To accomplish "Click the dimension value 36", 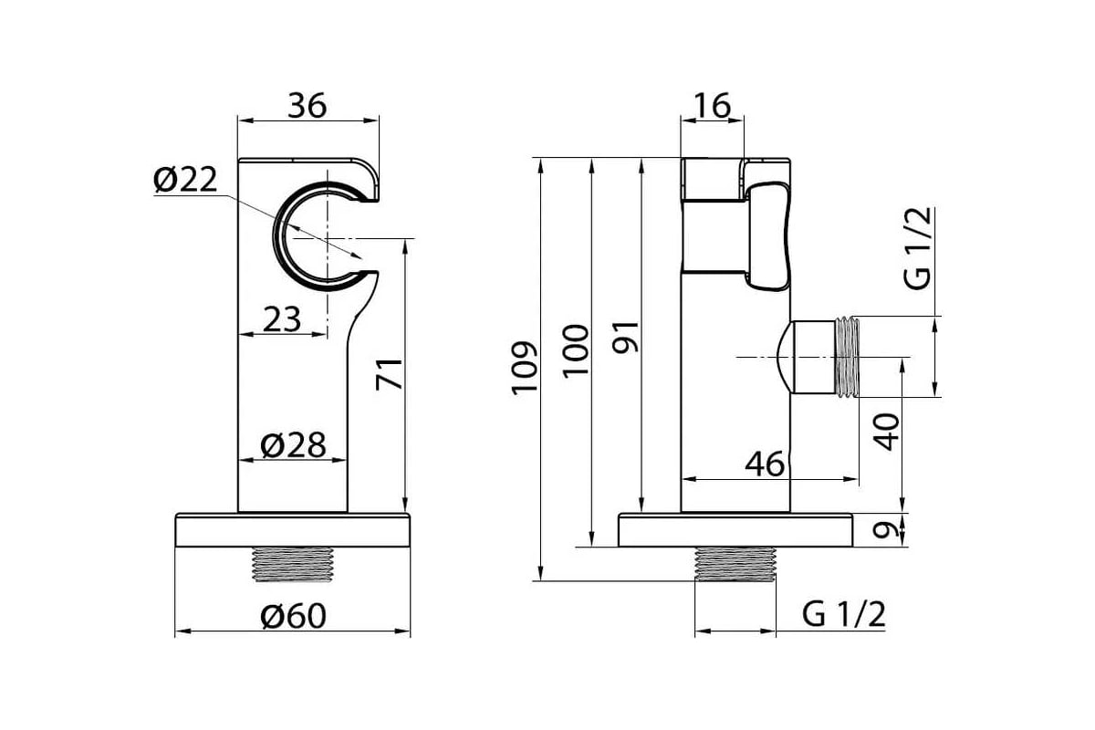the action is coord(307,106).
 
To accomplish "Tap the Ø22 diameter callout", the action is coord(185,180).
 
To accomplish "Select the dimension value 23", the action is coord(282,319).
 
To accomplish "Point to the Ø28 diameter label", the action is coord(293,445).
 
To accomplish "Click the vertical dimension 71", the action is coord(389,374).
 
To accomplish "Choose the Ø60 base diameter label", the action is coord(293,616).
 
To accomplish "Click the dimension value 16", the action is coord(713,106).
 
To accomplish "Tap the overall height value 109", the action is coord(525,367).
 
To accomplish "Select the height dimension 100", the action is coord(576,351).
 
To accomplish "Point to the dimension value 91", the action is coord(625,337).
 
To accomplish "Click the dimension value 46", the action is coord(765,464).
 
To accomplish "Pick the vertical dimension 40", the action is coord(887,433).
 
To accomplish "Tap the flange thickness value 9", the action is coord(886,530).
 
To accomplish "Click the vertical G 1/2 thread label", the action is coord(918,249).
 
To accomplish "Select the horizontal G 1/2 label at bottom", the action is coord(844,615).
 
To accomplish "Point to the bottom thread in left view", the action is coord(293,564).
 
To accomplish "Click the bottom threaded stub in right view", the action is coord(735,564).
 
